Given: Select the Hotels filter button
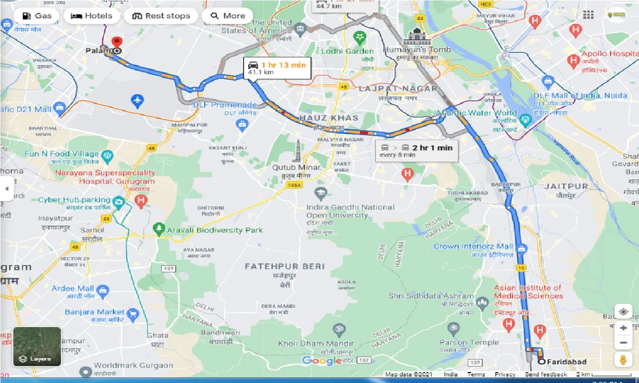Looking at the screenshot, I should click(91, 16).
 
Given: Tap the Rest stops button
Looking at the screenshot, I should click(161, 16).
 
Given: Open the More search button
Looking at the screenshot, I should click(227, 16).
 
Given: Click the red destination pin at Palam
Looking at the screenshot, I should click(117, 42).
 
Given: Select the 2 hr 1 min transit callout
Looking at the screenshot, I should click(416, 151).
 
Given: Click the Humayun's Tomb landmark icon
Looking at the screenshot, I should click(416, 36).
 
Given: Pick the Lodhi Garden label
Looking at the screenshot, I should click(347, 51).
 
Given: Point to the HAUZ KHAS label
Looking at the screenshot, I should click(328, 118).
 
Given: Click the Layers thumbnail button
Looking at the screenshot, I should click(37, 346).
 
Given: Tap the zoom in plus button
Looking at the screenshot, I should click(623, 328).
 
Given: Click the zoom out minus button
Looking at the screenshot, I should click(623, 343).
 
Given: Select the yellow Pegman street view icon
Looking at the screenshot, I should click(623, 360).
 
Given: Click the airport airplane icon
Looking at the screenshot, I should click(138, 101).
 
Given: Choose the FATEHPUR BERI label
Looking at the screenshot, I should click(285, 266).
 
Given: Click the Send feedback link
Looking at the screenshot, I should click(546, 374).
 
